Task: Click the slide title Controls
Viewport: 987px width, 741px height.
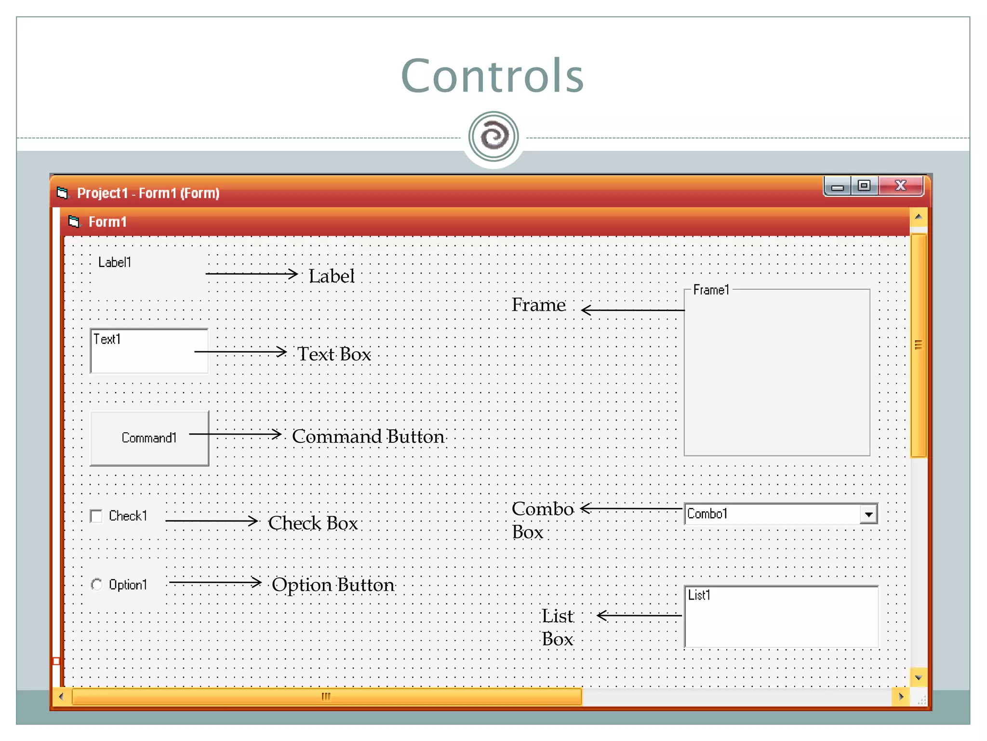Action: coord(492,76)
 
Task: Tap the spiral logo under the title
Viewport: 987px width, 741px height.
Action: coord(493,137)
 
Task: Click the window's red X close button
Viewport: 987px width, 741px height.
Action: coord(900,186)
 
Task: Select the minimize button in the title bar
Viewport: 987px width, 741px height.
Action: coord(838,187)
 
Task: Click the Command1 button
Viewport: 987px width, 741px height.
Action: coord(149,438)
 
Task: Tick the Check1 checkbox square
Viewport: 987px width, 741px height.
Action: coord(96,516)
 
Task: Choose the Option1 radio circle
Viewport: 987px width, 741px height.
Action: coord(96,585)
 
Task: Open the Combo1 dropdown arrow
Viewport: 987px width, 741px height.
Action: coord(868,514)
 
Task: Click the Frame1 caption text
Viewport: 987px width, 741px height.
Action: coord(711,290)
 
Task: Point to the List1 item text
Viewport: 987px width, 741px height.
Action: coord(699,595)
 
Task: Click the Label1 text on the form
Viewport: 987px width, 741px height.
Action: coord(115,262)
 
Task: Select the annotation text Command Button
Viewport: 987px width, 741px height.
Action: coord(368,437)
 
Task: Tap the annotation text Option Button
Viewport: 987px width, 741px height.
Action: coord(333,585)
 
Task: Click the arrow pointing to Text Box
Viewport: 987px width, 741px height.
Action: coord(240,352)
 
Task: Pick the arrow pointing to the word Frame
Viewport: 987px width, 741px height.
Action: coord(633,310)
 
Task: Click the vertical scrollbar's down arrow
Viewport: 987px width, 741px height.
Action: coord(918,678)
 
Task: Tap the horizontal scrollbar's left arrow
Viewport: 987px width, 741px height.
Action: coord(61,697)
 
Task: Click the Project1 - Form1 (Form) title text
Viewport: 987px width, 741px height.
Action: coord(148,193)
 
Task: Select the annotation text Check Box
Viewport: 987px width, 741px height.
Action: coord(313,523)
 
